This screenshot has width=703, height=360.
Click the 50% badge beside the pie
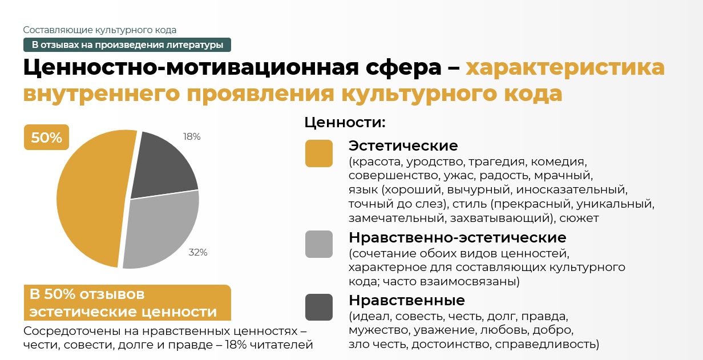click(46, 137)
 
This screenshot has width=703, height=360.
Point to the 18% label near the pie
click(192, 136)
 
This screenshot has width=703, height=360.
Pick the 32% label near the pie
click(197, 252)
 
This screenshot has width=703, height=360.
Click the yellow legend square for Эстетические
click(319, 153)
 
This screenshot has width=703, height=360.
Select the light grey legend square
click(319, 244)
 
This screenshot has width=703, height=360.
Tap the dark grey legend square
click(319, 308)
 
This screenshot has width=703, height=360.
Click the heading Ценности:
click(345, 122)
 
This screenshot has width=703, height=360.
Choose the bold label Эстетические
click(403, 145)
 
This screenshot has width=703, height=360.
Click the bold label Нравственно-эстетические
click(458, 237)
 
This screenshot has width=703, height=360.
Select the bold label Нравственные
click(407, 300)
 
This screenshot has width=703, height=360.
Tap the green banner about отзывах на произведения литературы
click(127, 45)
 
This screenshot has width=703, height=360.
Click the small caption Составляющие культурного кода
click(99, 30)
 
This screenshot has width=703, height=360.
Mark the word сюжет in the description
click(579, 218)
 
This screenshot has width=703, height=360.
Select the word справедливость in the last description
click(547, 344)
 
